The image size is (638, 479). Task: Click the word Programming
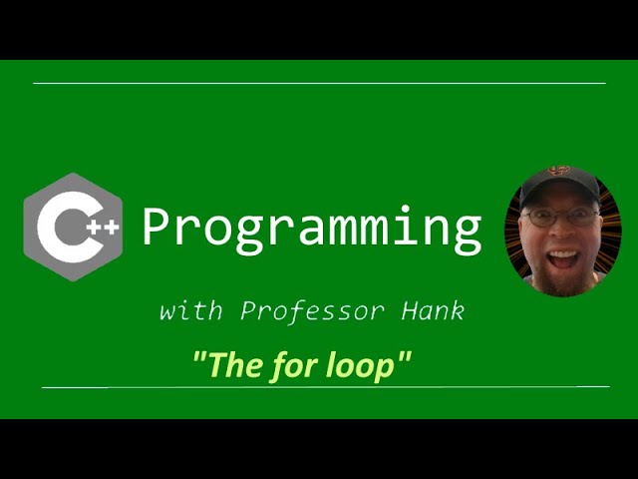[x=311, y=229]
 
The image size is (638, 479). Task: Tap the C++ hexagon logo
[x=73, y=227]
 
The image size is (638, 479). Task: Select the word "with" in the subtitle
[x=193, y=310]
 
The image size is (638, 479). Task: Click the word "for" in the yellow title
[x=295, y=366]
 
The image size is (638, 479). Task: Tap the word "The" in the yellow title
[x=235, y=366]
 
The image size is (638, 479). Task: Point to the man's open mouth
[x=563, y=258]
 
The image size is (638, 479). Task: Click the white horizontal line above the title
[x=319, y=84]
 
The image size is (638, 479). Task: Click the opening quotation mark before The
[x=198, y=358]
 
